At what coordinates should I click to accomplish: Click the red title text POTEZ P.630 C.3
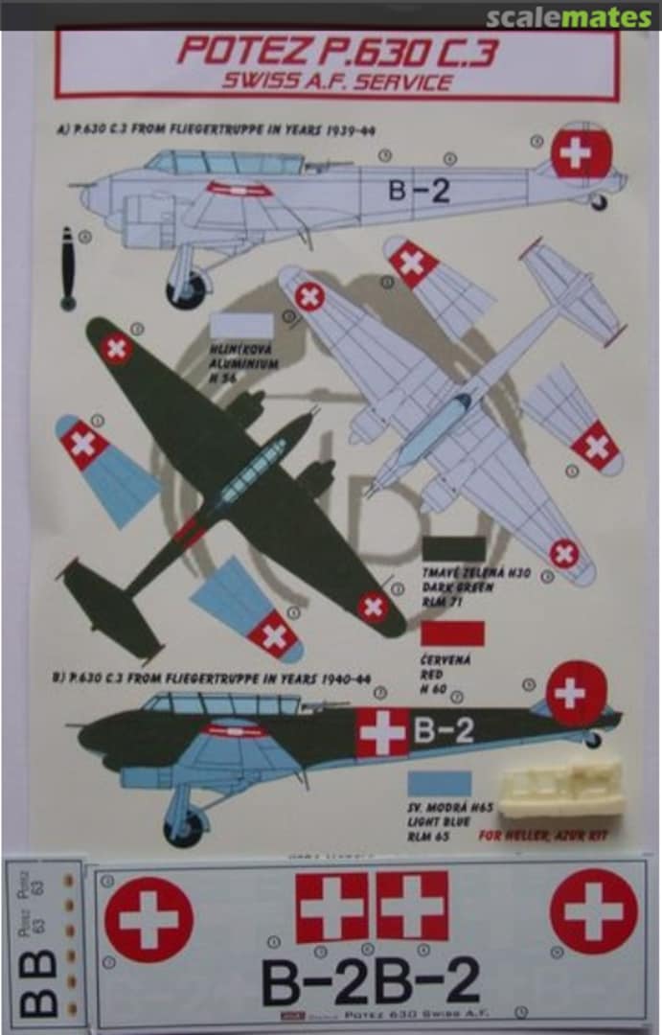tap(336, 52)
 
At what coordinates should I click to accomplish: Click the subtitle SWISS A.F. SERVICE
tap(336, 82)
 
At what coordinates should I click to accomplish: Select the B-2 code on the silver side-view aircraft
tap(419, 191)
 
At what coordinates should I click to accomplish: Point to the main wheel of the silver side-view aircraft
tap(187, 290)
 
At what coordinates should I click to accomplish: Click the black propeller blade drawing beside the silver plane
tap(67, 268)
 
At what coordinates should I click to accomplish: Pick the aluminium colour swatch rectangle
tap(241, 327)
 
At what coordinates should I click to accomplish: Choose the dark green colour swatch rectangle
tap(453, 549)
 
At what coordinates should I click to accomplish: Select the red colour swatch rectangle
tap(453, 633)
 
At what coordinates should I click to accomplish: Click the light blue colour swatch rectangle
tap(440, 783)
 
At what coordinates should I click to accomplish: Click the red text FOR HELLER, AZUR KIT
tap(550, 836)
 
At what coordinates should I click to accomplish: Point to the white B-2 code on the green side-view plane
tap(444, 731)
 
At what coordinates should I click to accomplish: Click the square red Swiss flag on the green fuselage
tap(382, 733)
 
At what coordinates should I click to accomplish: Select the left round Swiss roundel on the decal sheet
tap(148, 919)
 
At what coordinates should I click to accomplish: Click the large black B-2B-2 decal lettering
tap(371, 982)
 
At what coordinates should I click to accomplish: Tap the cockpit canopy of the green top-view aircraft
tap(251, 472)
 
